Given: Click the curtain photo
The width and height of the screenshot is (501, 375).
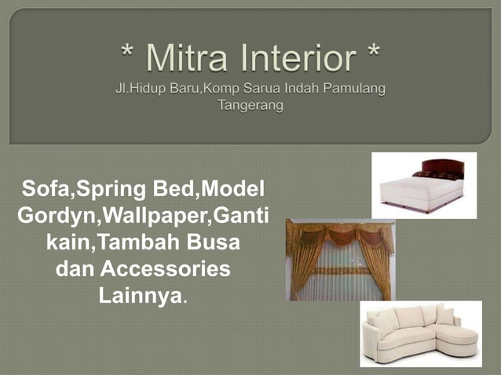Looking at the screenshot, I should click(x=340, y=260).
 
